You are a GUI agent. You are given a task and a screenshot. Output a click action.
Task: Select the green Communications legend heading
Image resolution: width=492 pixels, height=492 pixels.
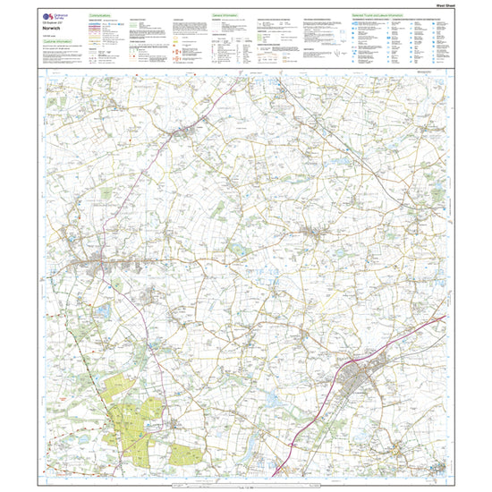pyautogui.click(x=104, y=15)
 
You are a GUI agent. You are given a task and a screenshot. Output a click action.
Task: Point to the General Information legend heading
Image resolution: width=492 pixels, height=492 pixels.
pyautogui.click(x=227, y=15)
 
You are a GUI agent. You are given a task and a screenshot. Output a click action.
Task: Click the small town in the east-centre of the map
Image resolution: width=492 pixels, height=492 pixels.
pyautogui.click(x=317, y=234)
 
